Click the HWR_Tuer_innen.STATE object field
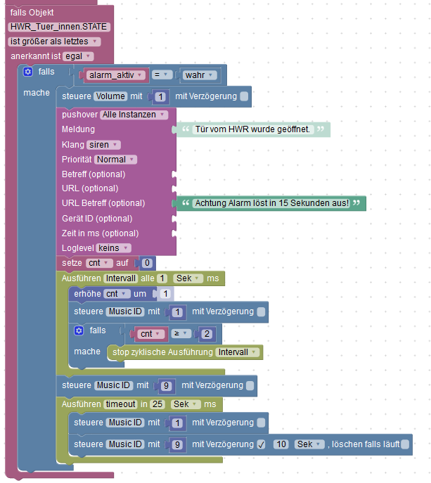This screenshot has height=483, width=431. (59, 27)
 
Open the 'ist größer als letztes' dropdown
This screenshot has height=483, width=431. (54, 41)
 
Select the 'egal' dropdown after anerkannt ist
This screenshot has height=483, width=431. (78, 56)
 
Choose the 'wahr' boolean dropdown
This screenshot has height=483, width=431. (199, 75)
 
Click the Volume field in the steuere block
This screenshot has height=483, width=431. (110, 96)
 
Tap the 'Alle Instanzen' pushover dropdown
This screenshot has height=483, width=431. (134, 115)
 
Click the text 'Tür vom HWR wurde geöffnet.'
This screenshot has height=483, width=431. (252, 129)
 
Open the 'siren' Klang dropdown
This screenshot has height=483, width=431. (103, 145)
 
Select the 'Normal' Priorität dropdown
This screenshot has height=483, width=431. (115, 160)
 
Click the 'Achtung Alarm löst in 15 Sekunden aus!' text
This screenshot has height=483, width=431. (272, 203)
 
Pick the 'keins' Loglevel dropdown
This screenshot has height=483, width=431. (113, 248)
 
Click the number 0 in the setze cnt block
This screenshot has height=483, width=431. (147, 263)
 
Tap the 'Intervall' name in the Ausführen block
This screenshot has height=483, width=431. (120, 278)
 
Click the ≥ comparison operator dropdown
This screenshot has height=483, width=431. (181, 334)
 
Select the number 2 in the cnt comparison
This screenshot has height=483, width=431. (207, 334)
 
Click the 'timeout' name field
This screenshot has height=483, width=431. (120, 404)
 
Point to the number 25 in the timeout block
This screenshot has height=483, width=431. (157, 404)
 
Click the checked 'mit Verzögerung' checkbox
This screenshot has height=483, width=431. (261, 444)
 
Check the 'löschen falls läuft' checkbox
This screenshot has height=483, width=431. (405, 444)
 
